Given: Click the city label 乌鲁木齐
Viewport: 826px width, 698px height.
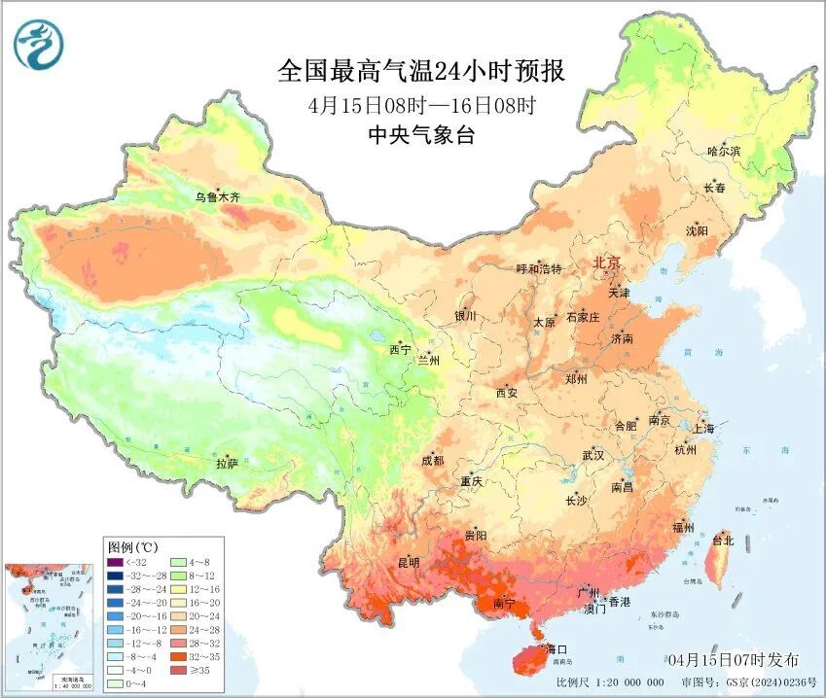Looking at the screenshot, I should coord(216,196).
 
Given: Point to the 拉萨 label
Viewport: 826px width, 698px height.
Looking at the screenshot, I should coord(227,465).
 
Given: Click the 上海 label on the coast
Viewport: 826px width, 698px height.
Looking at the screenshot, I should coord(703,428).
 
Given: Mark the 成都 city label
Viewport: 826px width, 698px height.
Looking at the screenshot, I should coord(432,461).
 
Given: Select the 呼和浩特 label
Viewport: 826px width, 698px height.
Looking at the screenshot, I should coord(538,268).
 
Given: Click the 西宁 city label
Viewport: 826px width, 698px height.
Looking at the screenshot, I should coord(400,349).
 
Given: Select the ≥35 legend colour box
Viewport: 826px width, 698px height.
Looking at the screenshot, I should coord(175,670).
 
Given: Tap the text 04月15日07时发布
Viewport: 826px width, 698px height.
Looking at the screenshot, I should coord(734,660).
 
